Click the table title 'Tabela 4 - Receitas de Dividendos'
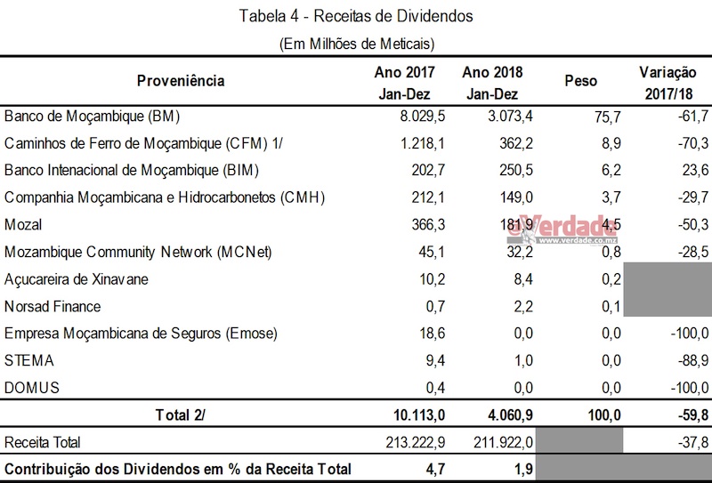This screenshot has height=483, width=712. coord(356,15)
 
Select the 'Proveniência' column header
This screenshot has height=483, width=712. coord(181,82)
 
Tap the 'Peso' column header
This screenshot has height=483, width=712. coord(581,82)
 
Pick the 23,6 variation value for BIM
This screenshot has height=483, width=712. coord(693,170)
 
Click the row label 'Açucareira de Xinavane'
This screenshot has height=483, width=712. coord(76,279)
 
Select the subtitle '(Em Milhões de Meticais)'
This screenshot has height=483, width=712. coord(356,43)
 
